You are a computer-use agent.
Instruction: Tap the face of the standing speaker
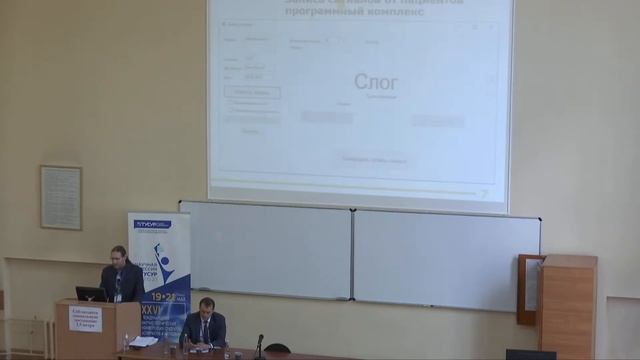tap(119, 255)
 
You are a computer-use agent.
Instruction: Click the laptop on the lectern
tap(91, 294)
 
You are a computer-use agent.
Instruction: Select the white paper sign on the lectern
tap(85, 318)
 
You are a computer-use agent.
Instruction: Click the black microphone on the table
tap(258, 345)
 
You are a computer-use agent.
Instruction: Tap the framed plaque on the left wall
tap(61, 197)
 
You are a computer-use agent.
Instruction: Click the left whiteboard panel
tap(266, 250)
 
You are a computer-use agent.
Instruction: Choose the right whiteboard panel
tap(446, 259)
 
